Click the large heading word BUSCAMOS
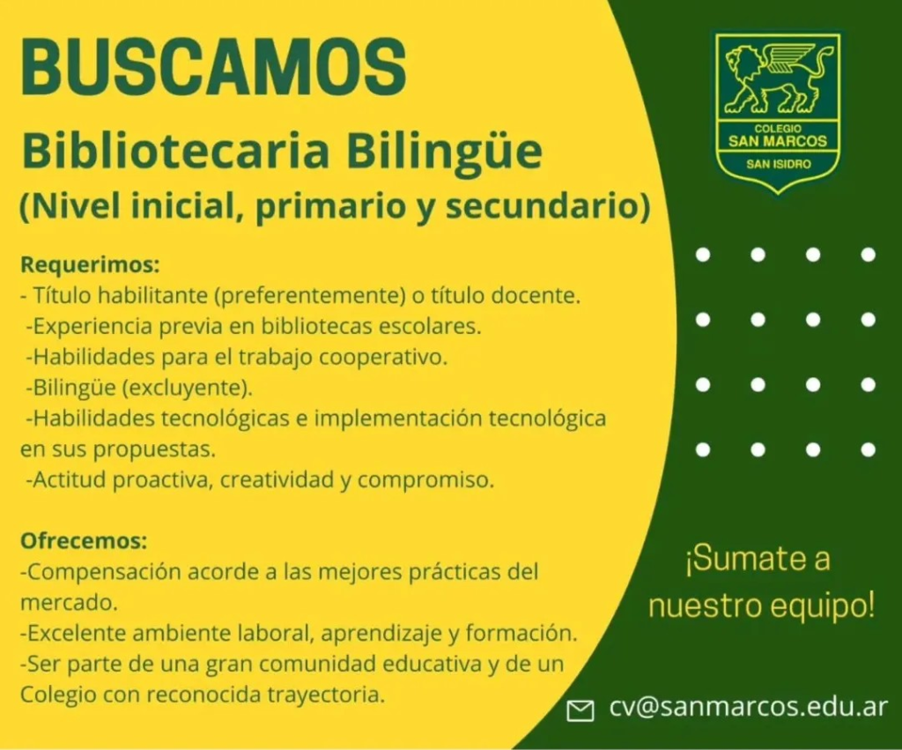click(213, 67)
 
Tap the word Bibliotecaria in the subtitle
click(175, 150)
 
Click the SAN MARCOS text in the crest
click(777, 141)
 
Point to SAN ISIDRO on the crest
click(779, 164)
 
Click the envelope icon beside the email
click(580, 711)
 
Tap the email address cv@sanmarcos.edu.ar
click(749, 706)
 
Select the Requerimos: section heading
click(90, 265)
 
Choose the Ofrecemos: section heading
click(84, 540)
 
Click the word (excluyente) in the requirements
click(187, 388)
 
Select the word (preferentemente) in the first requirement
click(307, 296)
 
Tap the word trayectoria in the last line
click(326, 695)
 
